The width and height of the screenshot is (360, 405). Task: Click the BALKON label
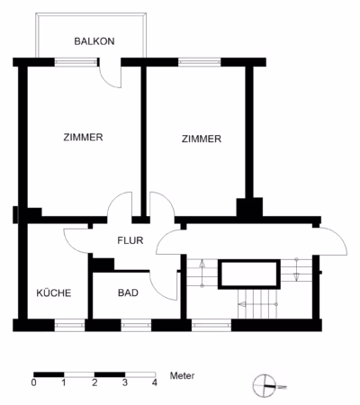point(94,41)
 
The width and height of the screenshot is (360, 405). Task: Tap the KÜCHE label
point(54,292)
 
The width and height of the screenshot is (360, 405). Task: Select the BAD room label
point(128,292)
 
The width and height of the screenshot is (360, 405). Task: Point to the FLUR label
point(130,240)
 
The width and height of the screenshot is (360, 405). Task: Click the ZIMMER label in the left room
point(83,138)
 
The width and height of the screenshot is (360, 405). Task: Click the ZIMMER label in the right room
point(202,139)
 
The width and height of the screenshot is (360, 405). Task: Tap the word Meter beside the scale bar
point(182,375)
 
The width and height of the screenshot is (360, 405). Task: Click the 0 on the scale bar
point(34,382)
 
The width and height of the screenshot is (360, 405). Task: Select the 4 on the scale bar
point(155,382)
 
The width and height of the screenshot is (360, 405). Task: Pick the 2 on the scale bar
point(94,382)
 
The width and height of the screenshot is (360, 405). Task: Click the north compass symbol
point(265,385)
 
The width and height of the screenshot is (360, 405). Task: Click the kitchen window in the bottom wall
point(69,326)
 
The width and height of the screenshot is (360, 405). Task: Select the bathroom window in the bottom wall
point(136,326)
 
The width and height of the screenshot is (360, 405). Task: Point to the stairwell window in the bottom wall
point(211,326)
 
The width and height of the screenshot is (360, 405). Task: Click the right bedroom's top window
point(200,62)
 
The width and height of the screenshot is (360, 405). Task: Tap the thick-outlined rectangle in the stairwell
point(249,274)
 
